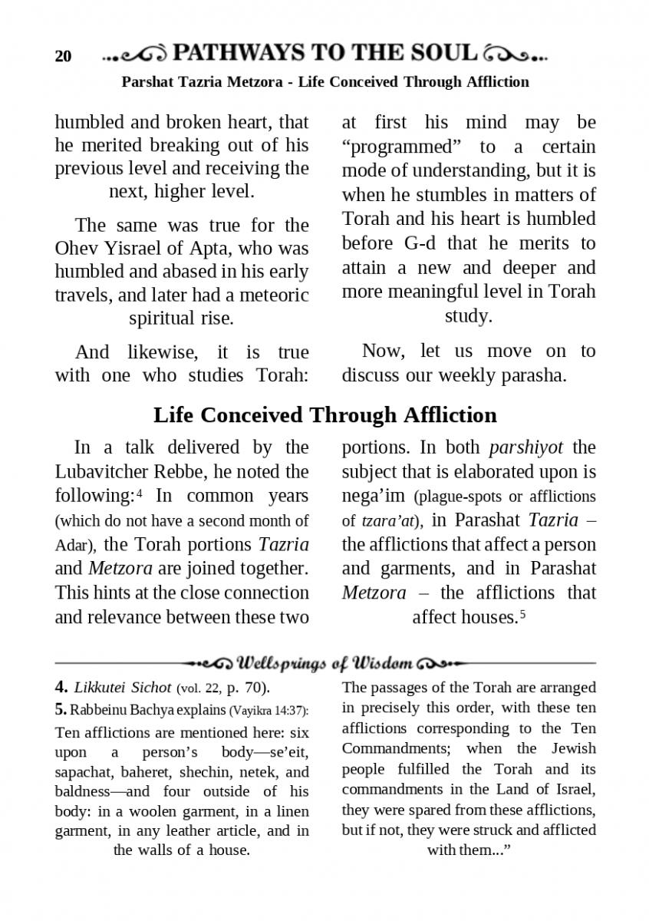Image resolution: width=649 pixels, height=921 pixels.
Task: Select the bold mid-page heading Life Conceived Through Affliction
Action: tap(324, 415)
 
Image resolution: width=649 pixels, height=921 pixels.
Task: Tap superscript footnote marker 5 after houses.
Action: tap(522, 613)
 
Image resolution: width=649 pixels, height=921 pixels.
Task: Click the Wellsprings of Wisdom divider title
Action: tap(325, 662)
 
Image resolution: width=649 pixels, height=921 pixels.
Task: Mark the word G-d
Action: tap(419, 244)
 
